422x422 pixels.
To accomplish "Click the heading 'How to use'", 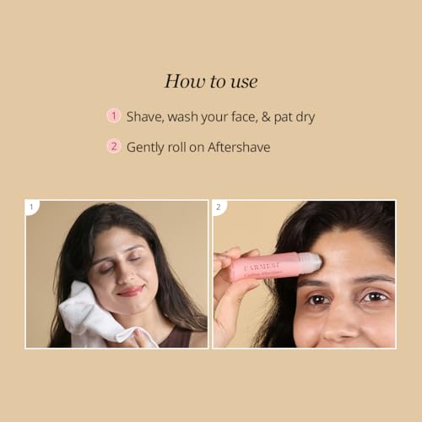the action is click(211, 82).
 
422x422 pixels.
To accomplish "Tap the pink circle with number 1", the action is click(114, 116).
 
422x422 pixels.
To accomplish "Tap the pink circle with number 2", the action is click(114, 146).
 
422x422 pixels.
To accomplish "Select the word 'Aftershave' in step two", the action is click(239, 147).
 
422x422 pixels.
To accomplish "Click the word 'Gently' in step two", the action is click(145, 148).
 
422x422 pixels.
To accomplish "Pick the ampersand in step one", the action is click(266, 117).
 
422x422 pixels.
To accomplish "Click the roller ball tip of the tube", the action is click(314, 262).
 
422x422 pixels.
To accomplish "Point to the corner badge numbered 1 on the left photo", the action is click(32, 208).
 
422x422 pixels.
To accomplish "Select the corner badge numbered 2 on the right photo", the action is click(219, 208).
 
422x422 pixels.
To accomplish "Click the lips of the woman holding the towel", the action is click(130, 291).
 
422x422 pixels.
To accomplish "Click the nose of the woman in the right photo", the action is click(340, 323).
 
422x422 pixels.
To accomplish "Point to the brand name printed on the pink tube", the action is click(262, 266).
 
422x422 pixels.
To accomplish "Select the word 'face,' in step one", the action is click(244, 117).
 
